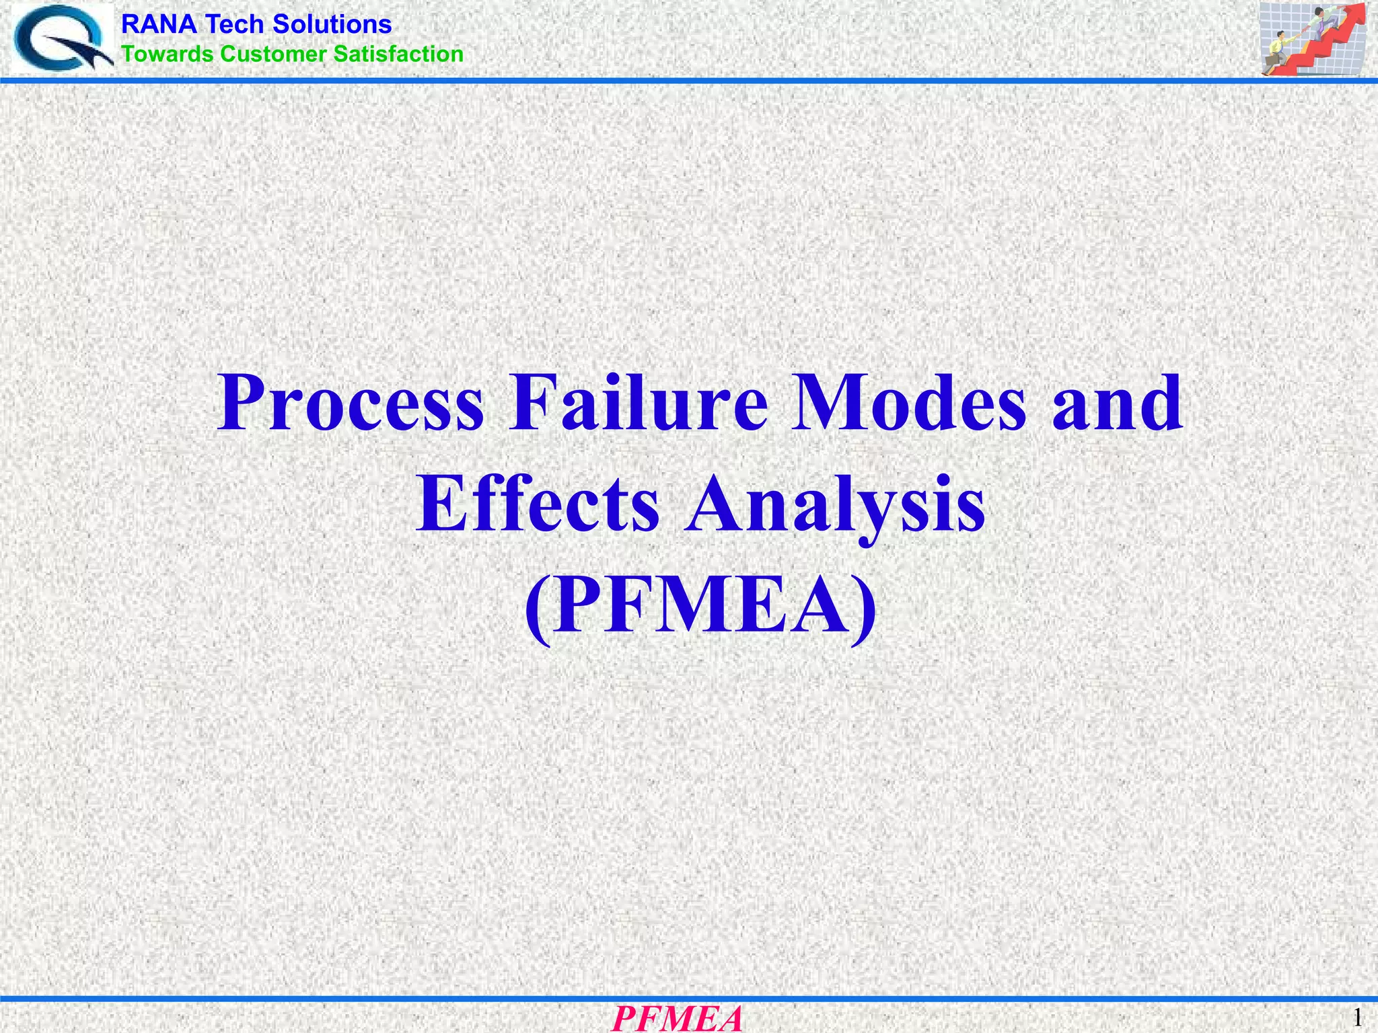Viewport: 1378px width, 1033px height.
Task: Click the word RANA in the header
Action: (x=159, y=25)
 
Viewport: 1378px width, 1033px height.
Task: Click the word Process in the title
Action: (x=351, y=404)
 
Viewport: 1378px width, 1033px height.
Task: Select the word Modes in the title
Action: (x=909, y=404)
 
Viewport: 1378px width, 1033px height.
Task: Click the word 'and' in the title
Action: (x=1118, y=404)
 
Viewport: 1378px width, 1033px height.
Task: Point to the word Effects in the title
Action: (x=538, y=504)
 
